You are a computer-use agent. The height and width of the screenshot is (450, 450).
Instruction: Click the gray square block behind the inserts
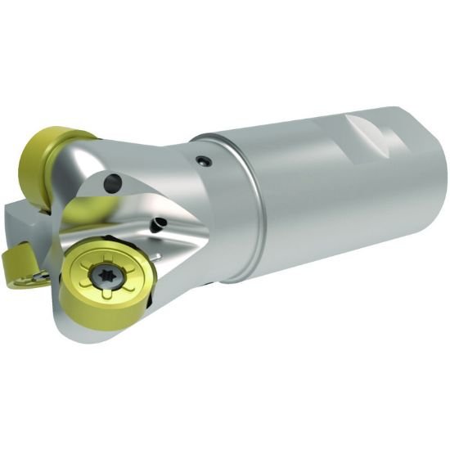[25, 221]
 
